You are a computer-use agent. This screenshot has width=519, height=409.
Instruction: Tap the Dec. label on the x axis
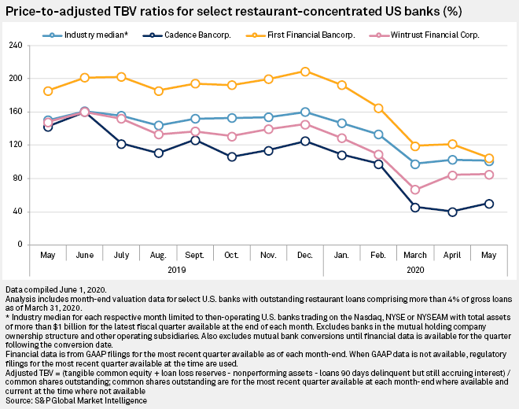(x=304, y=256)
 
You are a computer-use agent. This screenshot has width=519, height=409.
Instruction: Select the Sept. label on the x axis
(x=195, y=256)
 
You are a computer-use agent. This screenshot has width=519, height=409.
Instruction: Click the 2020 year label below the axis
(x=414, y=269)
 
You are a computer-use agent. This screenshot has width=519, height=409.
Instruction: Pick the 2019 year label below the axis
(x=176, y=269)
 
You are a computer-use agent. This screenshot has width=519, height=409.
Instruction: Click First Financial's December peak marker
(x=305, y=72)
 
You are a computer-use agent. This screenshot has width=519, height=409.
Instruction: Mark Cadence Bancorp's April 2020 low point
(x=452, y=212)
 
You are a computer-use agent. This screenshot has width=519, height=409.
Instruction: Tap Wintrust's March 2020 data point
(x=415, y=190)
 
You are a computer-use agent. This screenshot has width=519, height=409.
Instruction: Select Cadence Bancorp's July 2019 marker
(x=122, y=144)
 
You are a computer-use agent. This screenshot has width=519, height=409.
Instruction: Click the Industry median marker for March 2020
(x=415, y=164)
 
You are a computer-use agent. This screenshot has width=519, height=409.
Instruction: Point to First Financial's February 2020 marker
(x=378, y=108)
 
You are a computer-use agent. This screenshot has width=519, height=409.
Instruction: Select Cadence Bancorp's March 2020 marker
(x=415, y=207)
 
